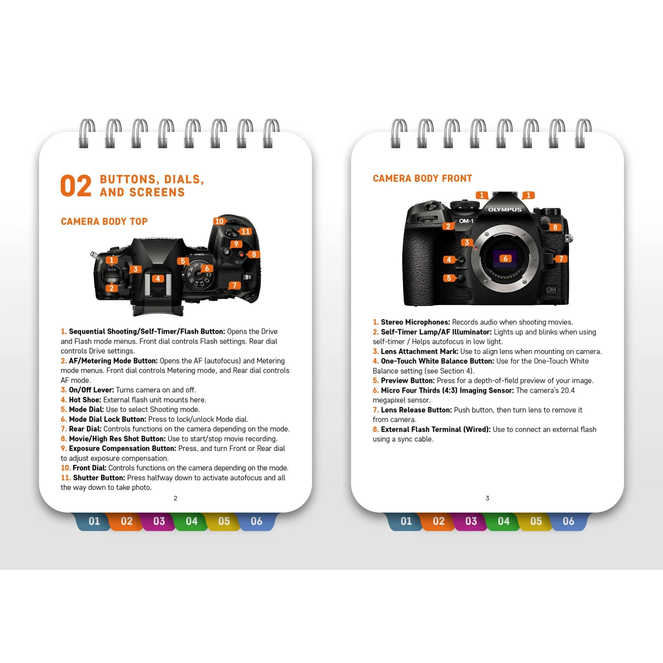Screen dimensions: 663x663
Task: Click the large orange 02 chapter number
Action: (76, 186)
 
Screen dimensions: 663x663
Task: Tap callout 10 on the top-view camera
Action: (219, 221)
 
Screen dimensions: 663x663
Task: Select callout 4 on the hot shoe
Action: (158, 278)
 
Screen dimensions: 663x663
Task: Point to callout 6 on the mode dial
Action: (207, 268)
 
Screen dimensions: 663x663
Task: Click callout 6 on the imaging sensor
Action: (506, 259)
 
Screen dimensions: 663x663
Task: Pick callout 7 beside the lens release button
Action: (561, 259)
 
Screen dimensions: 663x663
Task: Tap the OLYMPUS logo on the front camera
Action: (505, 210)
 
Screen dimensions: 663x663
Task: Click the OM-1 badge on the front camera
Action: (466, 221)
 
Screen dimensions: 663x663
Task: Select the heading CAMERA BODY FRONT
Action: (422, 179)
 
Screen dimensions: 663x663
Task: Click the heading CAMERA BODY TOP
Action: (104, 221)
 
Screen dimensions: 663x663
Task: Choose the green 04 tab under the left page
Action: (191, 522)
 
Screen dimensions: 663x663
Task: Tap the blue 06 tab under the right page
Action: (568, 522)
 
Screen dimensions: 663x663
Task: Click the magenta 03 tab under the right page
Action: (471, 522)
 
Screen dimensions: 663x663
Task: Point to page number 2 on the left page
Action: (175, 499)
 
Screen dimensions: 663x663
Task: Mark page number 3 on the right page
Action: (488, 499)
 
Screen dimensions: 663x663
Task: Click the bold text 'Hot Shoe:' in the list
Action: (85, 400)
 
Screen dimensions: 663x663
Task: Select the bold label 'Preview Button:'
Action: (408, 381)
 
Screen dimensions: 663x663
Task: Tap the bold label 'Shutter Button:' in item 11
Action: (99, 478)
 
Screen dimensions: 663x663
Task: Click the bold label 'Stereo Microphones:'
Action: (415, 322)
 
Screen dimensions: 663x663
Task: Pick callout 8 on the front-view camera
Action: (555, 227)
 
